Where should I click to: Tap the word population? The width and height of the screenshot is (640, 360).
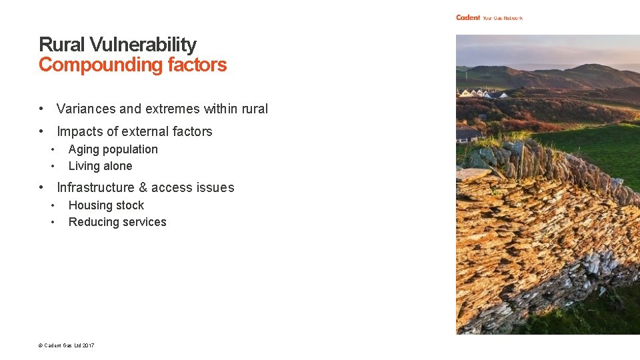click(x=131, y=150)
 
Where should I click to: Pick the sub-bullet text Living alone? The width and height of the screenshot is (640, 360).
click(x=100, y=166)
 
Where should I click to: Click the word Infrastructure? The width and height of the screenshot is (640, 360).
click(x=96, y=187)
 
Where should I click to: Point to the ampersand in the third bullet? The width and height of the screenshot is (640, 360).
click(x=143, y=187)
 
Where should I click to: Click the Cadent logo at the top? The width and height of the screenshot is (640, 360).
click(x=468, y=17)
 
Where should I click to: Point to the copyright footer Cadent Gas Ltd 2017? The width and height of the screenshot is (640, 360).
click(x=66, y=345)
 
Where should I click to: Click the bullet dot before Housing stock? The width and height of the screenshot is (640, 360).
click(x=52, y=205)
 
